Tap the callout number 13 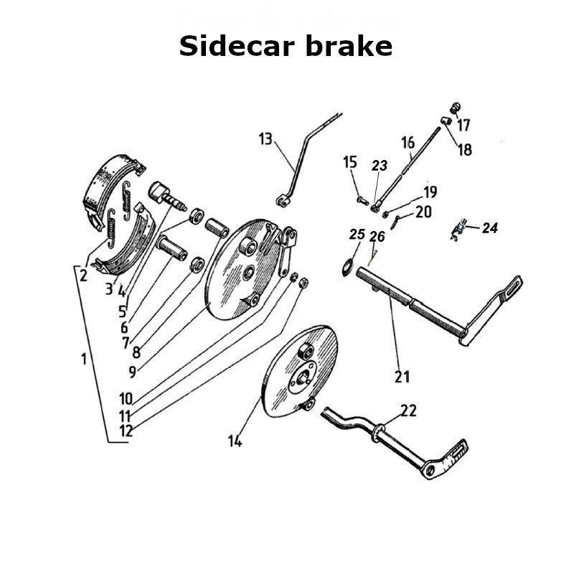coord(266,138)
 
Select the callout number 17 coord(464,126)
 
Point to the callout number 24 coord(490,229)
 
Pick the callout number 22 coord(408,410)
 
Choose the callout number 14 coord(235,441)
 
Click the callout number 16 coord(408,143)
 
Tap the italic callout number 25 coord(357,235)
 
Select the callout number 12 coord(126,431)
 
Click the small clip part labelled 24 coord(457,230)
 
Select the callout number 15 coord(350,162)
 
